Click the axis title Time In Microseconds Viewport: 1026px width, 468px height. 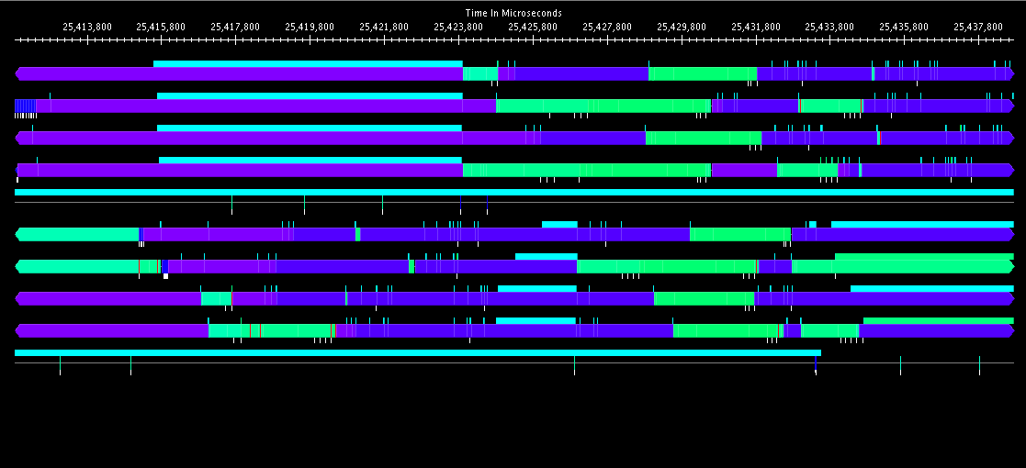point(513,13)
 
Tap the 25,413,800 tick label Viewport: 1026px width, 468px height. point(87,27)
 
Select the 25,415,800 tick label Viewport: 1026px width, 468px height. point(161,27)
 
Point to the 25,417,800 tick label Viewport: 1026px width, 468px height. point(235,27)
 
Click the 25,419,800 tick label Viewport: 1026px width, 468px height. point(310,27)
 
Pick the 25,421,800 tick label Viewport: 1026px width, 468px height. point(384,27)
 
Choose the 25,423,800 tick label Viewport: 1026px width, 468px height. point(458,27)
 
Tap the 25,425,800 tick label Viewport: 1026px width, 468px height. point(533,27)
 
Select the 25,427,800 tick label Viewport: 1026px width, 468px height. point(607,27)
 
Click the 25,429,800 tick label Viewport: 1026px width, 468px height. point(682,27)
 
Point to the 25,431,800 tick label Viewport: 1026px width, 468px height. point(756,27)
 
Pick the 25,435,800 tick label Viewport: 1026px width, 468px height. point(904,27)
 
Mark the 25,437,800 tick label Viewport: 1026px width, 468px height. point(978,27)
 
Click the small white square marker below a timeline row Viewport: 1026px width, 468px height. point(165,275)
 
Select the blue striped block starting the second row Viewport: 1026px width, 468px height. point(25,106)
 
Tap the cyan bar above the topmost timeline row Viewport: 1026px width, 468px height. point(308,63)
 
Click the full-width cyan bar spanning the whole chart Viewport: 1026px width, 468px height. point(513,192)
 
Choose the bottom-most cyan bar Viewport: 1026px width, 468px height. point(417,352)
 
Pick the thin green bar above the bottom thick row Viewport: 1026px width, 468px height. point(938,320)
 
